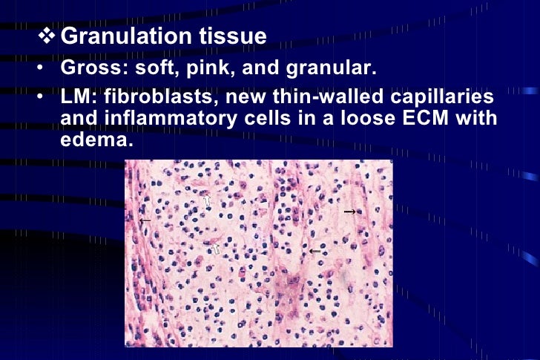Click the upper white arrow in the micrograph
coord(208,201)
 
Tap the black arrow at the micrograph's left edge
coord(145,220)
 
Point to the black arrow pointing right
coord(350,212)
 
